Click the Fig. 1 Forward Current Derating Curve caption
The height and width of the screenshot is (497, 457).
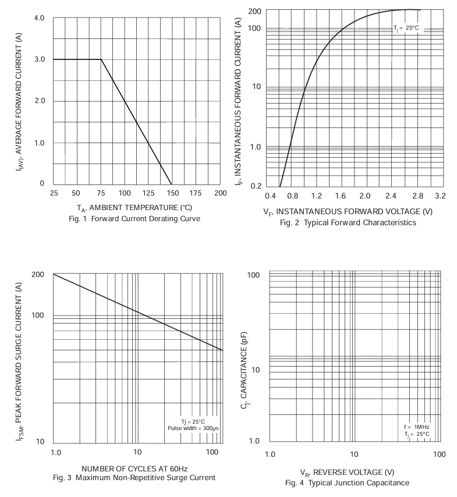tap(134, 219)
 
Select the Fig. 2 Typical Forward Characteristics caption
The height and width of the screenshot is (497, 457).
tap(348, 222)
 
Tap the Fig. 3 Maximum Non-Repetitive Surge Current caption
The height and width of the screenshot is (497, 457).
tap(134, 478)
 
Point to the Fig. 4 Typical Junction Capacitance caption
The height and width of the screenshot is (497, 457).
tap(347, 482)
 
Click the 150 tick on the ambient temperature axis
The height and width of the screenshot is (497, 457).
tap(172, 193)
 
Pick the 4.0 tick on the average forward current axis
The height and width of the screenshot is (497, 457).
tap(40, 18)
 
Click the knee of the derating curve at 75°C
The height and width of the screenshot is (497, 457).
tap(101, 59)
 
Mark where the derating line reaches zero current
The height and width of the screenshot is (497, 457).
tap(172, 184)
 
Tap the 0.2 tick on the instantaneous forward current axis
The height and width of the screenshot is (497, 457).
tap(256, 186)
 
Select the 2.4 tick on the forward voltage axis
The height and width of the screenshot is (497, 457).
tap(391, 196)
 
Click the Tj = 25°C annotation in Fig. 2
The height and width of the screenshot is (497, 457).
tap(406, 28)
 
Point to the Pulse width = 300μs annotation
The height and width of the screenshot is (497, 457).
tap(193, 428)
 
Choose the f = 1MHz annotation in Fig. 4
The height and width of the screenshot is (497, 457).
tap(417, 427)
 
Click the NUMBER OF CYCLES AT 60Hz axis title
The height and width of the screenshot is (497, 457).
tap(134, 469)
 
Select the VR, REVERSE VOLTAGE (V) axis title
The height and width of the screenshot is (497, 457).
tap(347, 473)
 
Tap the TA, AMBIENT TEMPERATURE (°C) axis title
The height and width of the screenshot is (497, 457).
tap(134, 208)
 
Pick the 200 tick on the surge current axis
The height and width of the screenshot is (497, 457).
tap(38, 275)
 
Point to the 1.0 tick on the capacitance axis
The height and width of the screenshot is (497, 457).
tap(254, 441)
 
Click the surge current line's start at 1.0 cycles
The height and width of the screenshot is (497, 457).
tap(54, 274)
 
